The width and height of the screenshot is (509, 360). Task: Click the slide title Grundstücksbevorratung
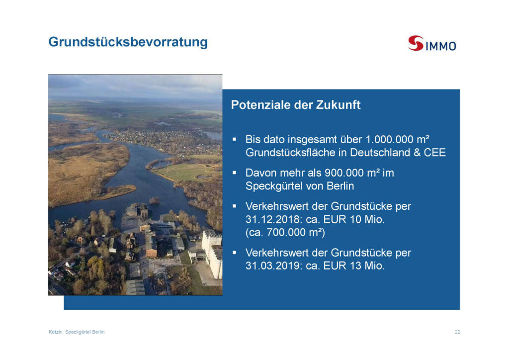128,42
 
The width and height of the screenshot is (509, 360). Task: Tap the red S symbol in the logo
416,43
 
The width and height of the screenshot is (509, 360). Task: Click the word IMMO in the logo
440,46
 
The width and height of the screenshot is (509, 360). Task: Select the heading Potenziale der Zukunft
296,105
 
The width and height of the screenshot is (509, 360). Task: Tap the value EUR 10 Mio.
354,219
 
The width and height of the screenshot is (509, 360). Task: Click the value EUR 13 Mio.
354,266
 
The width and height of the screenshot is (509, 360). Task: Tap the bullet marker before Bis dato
235,139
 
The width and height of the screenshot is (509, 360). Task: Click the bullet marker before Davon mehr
235,173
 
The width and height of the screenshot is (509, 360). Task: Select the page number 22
457,332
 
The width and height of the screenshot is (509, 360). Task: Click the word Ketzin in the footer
56,332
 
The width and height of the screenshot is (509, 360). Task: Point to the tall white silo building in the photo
212,253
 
